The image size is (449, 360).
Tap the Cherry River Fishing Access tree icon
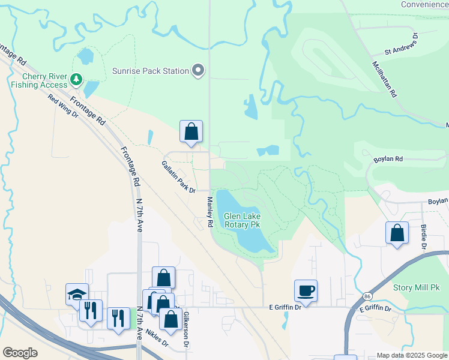76,79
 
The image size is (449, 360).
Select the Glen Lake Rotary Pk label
242,220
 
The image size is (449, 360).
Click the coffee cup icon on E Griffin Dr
306,292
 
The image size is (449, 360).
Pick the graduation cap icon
77,293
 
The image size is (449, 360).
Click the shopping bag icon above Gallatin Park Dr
191,131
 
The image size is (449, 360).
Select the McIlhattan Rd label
385,79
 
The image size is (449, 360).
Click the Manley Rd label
210,212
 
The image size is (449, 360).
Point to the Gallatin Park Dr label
178,176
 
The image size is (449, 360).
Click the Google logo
20,353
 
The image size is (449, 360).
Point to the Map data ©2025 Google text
411,355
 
